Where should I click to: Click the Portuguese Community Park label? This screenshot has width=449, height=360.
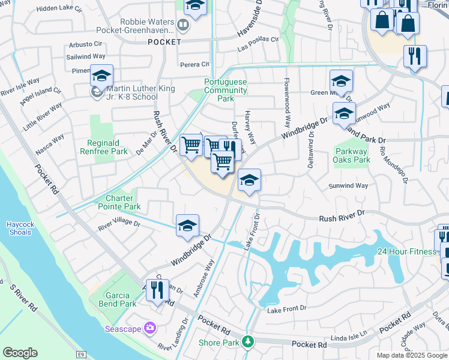tap(225, 90)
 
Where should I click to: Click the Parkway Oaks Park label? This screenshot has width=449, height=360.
tap(352, 155)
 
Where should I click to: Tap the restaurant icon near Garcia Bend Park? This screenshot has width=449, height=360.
tap(157, 290)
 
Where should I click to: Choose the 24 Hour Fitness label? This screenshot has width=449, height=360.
tap(406, 251)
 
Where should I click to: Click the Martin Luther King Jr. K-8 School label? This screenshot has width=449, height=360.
tap(132, 92)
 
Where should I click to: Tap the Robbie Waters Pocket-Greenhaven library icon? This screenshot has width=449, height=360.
tap(183, 26)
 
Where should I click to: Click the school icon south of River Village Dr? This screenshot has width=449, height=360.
tap(187, 226)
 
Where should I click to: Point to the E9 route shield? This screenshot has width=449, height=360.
tap(81, 355)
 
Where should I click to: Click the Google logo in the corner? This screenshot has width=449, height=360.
tap(20, 353)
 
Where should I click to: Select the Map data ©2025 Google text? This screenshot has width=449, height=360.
tap(412, 355)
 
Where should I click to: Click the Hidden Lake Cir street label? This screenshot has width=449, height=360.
tap(59, 9)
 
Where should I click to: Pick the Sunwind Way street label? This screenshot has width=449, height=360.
tap(348, 186)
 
